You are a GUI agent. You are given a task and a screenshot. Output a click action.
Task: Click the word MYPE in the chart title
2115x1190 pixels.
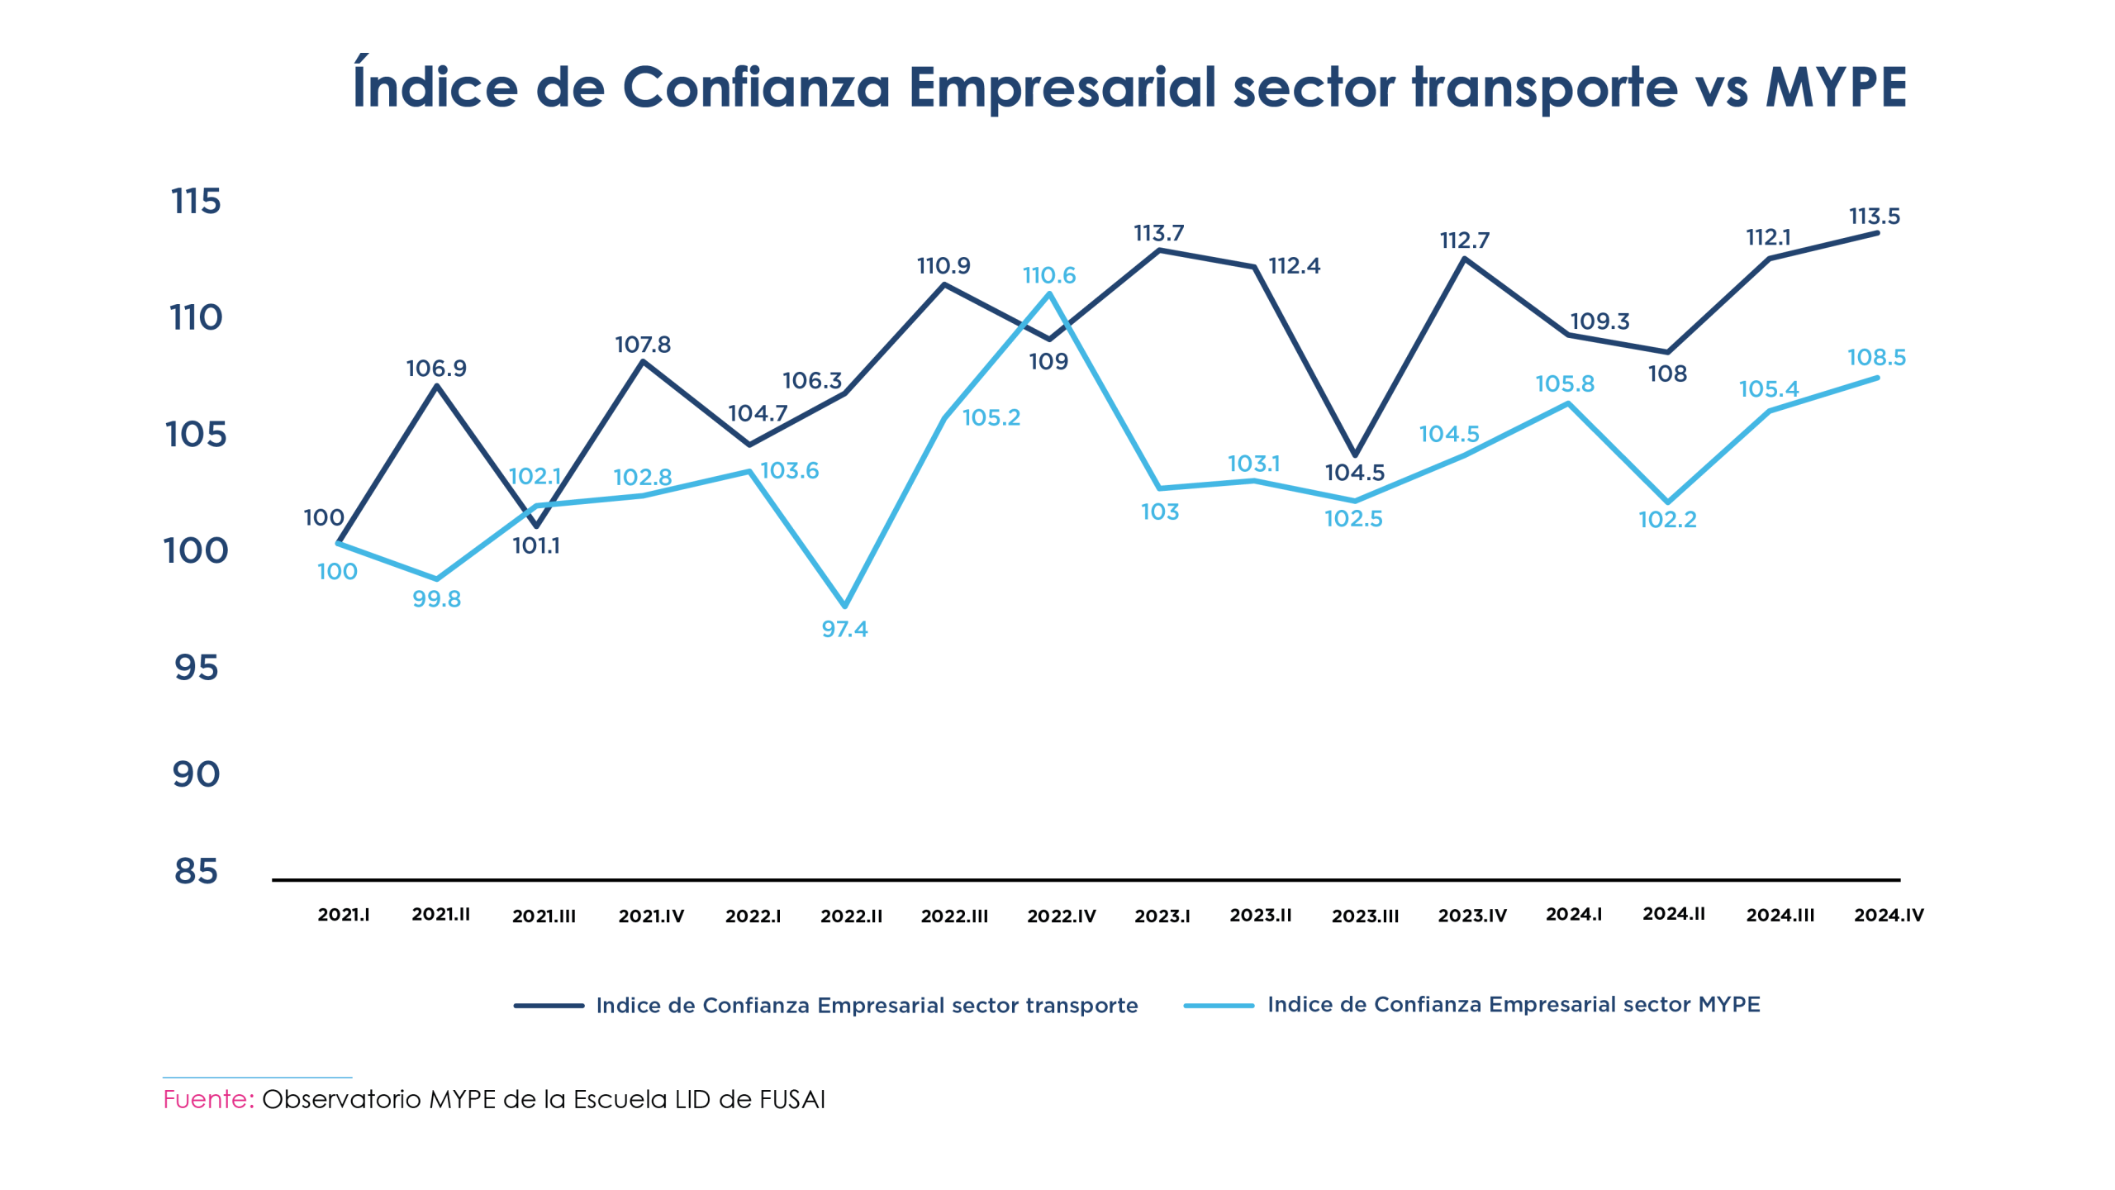coord(1836,88)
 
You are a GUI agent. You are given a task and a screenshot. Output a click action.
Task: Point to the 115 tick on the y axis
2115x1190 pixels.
coord(196,202)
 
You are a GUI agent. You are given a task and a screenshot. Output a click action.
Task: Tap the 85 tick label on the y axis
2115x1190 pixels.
coord(196,871)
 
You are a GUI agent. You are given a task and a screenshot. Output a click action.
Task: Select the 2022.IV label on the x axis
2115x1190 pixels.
coord(1061,916)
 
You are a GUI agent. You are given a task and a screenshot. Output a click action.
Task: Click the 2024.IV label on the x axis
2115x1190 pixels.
coord(1889,915)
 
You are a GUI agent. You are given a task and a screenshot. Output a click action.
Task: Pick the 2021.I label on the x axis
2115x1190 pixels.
coord(343,915)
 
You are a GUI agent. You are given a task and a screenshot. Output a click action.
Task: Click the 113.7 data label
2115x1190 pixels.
coord(1158,234)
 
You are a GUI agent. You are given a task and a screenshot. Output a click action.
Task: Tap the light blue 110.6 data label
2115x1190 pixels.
coord(1048,275)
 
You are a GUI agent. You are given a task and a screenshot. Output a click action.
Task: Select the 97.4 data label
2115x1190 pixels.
coord(844,630)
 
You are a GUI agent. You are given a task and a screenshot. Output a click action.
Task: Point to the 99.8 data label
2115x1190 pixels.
coord(436,599)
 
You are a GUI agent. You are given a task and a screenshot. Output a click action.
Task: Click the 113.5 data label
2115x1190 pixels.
coord(1875,217)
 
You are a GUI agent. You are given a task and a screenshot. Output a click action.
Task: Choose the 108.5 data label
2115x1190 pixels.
coord(1876,358)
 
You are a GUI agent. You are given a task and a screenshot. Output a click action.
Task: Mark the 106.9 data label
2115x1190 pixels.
coord(436,369)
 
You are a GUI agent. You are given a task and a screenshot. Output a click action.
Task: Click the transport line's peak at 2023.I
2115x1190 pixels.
coord(1159,250)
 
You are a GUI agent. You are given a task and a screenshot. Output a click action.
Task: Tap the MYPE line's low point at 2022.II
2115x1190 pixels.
coord(844,606)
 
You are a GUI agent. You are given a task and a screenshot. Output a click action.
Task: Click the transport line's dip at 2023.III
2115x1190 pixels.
coord(1355,455)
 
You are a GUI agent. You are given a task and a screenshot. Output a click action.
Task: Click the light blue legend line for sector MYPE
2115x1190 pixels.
coord(1219,1006)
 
